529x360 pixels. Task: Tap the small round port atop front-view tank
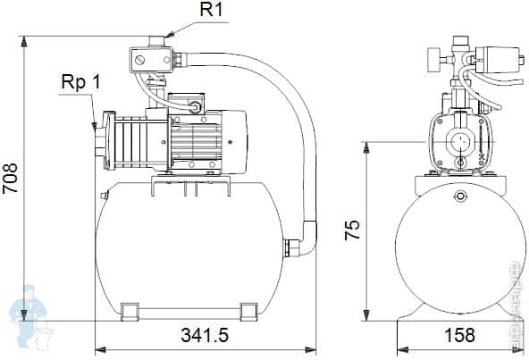pos(459,197)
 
